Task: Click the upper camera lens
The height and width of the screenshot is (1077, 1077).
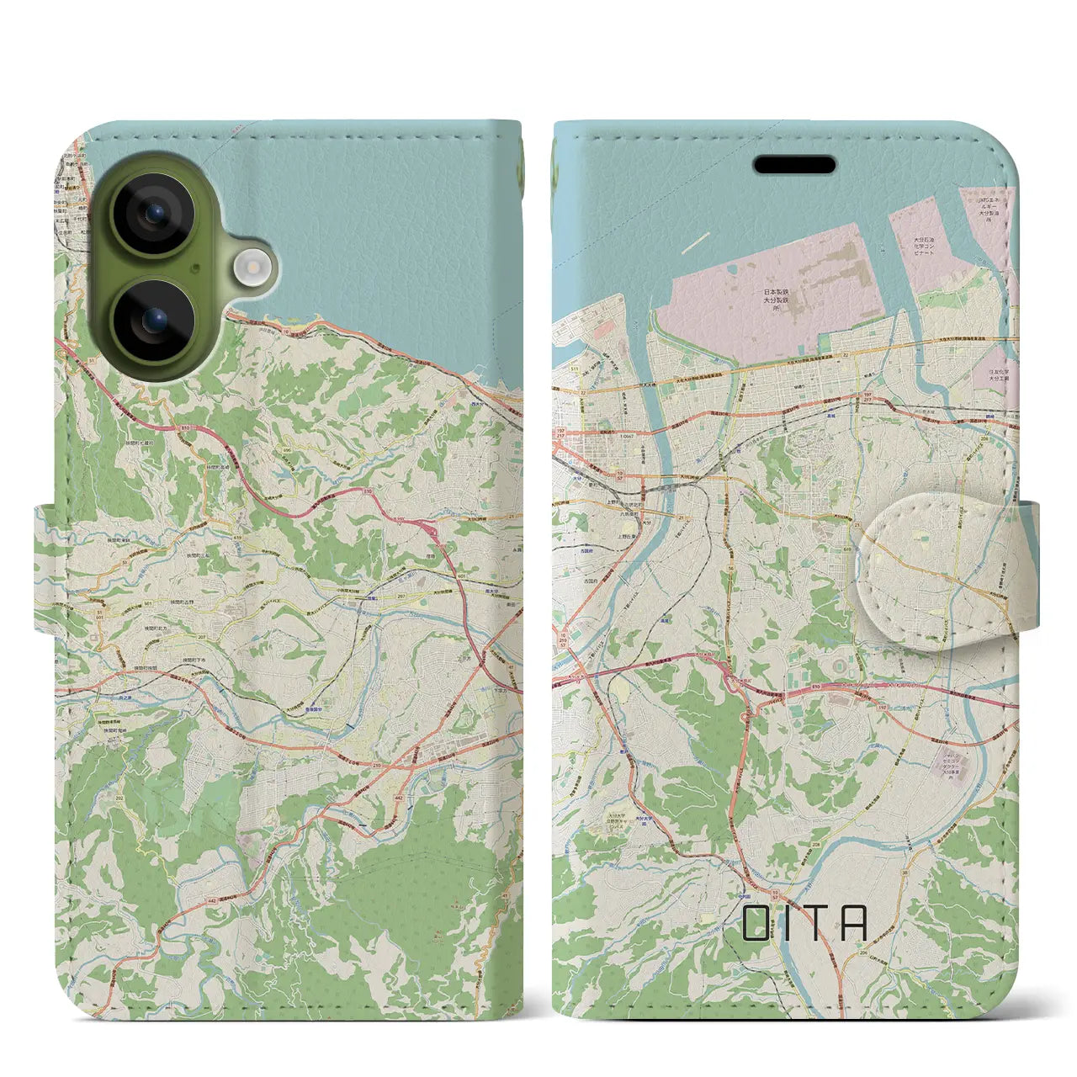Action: tap(154, 214)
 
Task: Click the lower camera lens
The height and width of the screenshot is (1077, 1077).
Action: tap(154, 320)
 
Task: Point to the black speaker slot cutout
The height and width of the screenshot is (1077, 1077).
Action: tap(794, 164)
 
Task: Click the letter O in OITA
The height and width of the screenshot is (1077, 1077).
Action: tap(756, 922)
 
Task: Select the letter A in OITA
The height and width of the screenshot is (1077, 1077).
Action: tap(854, 922)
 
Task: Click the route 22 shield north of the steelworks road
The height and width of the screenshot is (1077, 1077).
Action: tap(582, 392)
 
